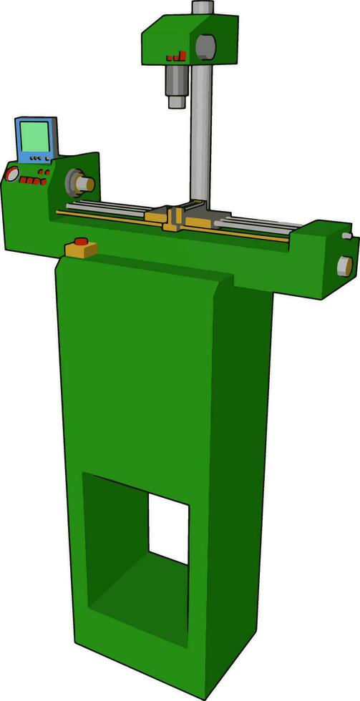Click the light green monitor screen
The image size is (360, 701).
(35, 136)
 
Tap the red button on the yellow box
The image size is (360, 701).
(81, 242)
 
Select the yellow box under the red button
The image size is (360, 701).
(81, 250)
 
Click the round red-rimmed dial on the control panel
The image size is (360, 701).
(11, 173)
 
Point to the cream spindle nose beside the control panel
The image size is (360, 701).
(85, 184)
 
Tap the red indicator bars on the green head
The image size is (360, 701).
(176, 56)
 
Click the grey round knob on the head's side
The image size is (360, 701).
(205, 46)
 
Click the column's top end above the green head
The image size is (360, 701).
(203, 7)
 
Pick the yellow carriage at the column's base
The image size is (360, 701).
(175, 219)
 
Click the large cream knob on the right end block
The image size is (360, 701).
(344, 266)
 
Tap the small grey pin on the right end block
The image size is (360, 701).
(347, 235)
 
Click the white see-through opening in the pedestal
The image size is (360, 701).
(169, 529)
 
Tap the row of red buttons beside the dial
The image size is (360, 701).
(33, 181)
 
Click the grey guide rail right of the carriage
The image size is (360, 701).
(258, 225)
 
